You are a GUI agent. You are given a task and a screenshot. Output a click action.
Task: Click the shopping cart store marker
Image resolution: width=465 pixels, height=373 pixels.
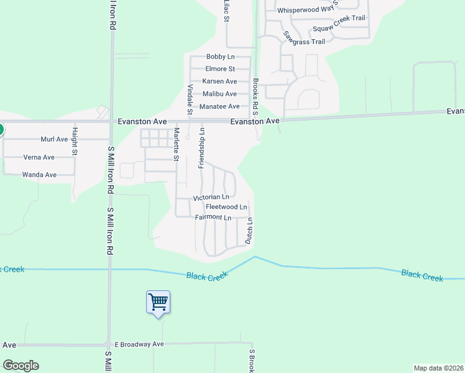158,303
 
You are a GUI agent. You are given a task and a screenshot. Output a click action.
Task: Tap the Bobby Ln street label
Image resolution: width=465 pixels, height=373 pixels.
220,57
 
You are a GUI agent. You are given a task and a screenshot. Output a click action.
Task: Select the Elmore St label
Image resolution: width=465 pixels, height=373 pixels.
220,69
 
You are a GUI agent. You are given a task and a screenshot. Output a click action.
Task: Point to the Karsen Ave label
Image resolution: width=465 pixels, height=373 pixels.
219,81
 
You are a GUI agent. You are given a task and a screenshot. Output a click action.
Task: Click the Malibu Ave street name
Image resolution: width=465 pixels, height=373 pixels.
219,94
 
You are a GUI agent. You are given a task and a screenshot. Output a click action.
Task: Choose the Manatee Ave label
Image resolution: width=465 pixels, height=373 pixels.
219,107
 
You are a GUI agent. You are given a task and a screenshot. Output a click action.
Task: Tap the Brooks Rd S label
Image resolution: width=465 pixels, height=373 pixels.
255,97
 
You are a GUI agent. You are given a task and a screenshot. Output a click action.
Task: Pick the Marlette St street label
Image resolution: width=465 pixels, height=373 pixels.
177,144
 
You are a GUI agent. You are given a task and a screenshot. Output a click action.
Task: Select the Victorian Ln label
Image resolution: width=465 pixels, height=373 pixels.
211,197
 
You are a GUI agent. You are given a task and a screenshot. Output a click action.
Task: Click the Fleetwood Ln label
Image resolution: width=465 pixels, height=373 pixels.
226,206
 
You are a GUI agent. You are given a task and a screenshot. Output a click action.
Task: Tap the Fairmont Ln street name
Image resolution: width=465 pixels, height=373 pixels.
213,217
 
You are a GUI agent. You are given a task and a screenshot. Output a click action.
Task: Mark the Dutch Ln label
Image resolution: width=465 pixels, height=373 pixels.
249,231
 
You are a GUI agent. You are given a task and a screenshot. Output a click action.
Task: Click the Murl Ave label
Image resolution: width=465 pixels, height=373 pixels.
53,139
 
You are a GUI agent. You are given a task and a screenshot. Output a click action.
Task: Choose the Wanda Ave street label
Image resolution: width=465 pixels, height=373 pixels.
39,175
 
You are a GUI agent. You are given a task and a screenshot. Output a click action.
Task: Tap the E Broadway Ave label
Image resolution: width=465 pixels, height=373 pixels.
139,344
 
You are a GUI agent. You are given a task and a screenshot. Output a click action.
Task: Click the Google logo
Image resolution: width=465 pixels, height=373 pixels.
21,366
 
